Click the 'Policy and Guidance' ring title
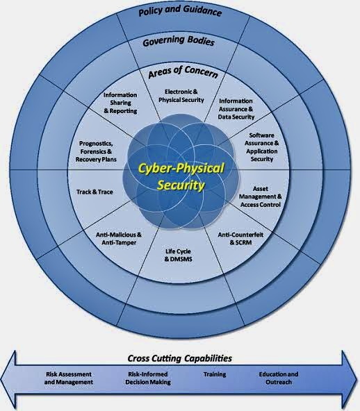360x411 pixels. [180, 11]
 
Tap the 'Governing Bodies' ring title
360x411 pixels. [179, 41]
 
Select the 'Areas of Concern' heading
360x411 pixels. [183, 72]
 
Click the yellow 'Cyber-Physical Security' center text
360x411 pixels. [181, 176]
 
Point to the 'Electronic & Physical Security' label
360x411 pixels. [181, 96]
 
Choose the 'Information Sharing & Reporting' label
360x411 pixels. [120, 103]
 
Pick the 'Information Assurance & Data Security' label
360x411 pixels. [236, 109]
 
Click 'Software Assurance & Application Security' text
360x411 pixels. [261, 147]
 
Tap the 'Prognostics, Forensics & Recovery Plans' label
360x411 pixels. [96, 151]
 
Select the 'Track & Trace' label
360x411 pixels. [95, 192]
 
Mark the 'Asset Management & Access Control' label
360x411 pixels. [261, 196]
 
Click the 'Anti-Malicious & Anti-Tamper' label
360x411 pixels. [119, 239]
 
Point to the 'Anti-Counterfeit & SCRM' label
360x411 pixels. [240, 238]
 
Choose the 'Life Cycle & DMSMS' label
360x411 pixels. [178, 255]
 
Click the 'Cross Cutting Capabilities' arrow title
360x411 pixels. [180, 358]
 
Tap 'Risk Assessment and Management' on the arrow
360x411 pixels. [69, 378]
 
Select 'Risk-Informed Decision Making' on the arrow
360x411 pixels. [148, 378]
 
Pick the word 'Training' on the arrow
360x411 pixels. [215, 374]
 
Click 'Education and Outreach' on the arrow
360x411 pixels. [279, 378]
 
